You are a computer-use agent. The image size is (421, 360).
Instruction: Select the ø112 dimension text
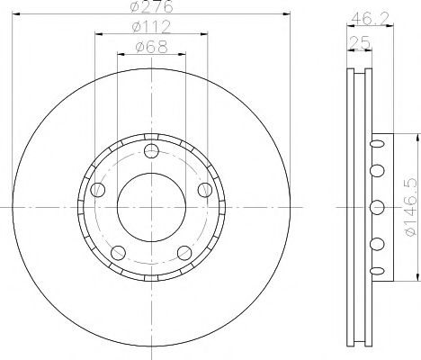tap(150, 29)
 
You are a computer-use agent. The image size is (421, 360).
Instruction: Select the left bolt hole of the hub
tap(97, 190)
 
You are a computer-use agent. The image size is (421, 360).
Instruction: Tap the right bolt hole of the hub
tap(205, 190)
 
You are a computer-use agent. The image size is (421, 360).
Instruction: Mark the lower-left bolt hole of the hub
tap(117, 251)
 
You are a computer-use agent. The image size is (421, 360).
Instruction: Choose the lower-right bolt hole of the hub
tap(184, 251)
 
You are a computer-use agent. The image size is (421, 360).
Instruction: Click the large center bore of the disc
tap(150, 206)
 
